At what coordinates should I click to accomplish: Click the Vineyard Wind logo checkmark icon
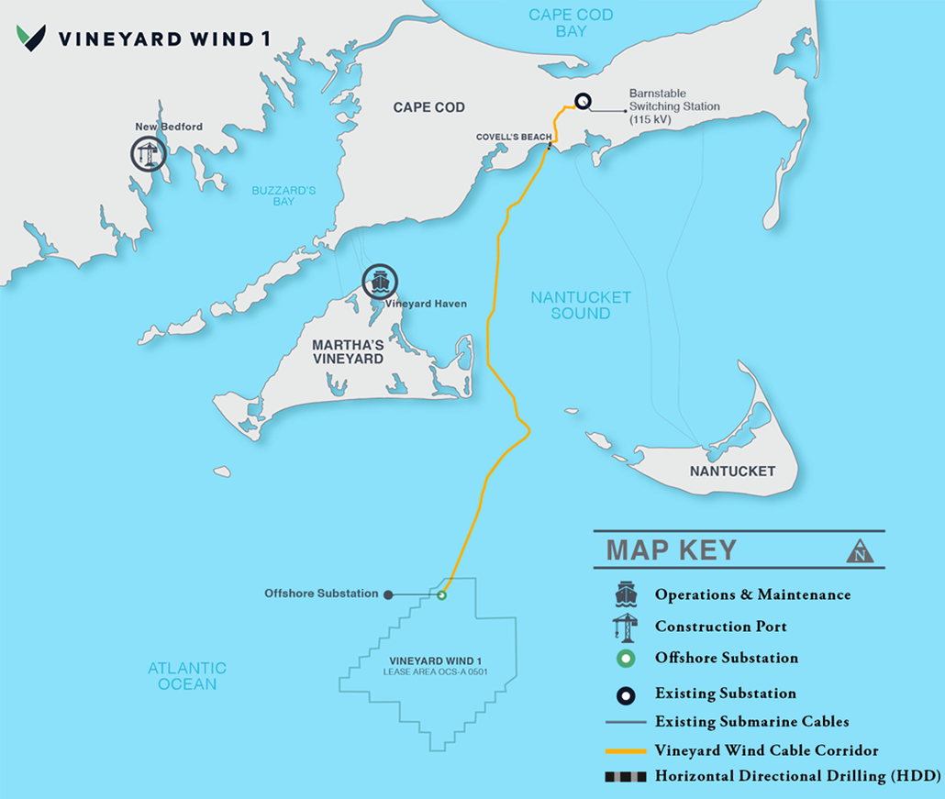(31, 38)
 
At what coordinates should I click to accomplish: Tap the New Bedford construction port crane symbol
(147, 154)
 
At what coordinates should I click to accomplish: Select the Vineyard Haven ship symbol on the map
(379, 281)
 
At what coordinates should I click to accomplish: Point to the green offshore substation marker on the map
(441, 595)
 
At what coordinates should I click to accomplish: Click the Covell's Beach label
(513, 137)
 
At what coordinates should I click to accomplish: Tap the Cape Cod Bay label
(571, 23)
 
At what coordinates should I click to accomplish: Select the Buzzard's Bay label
(283, 195)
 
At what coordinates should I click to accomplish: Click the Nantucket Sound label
(581, 305)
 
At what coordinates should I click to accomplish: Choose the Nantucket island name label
(732, 472)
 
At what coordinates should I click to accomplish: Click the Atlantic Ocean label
(187, 676)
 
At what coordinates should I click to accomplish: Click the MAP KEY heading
(671, 549)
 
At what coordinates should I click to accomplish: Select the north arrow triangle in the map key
(860, 551)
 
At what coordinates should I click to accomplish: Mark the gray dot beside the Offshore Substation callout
(388, 594)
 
